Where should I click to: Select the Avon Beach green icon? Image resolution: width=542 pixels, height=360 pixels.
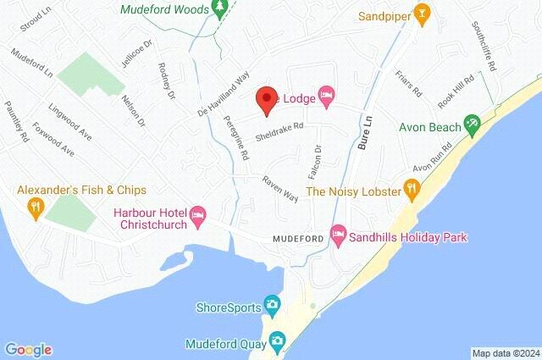(x=473, y=127)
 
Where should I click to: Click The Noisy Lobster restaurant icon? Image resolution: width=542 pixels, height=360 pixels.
(x=411, y=188)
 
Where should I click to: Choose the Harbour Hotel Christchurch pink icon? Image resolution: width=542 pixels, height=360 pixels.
(x=197, y=215)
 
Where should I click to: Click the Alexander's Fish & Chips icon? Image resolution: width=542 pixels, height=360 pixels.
(x=36, y=206)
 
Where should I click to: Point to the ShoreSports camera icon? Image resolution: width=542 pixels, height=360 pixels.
(x=273, y=303)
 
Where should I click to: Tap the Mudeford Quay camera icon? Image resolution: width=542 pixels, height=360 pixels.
(x=276, y=341)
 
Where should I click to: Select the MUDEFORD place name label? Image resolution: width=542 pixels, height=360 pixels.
(x=296, y=239)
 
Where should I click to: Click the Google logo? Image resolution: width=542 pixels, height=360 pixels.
(x=28, y=349)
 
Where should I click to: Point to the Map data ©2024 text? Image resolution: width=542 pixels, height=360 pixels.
(x=505, y=353)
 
